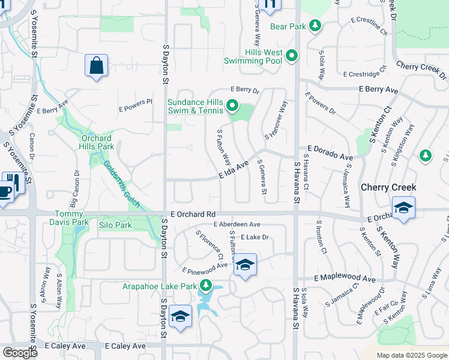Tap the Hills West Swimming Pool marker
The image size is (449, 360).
tap(292, 56)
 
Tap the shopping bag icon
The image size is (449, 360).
tap(96, 66)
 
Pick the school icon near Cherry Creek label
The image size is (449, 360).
tap(403, 208)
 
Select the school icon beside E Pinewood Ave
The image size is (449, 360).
tap(245, 265)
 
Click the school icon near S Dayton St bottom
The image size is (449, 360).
tap(180, 317)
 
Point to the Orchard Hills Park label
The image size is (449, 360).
tap(97, 142)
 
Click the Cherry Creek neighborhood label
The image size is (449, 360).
tap(388, 187)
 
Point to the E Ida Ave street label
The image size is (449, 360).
tap(234, 170)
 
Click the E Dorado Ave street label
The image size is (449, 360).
tap(330, 152)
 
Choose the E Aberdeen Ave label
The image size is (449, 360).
tap(237, 224)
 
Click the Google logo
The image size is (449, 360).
tap(20, 353)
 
